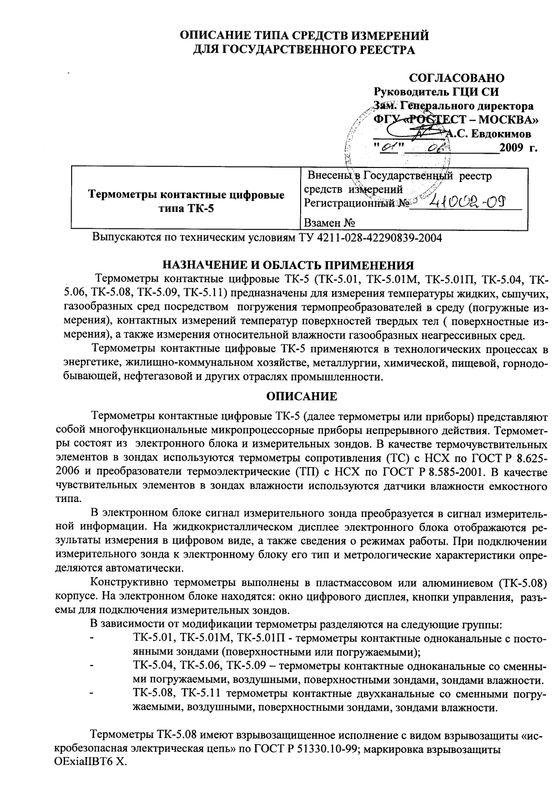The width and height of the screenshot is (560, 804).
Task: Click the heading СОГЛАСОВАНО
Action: point(456,78)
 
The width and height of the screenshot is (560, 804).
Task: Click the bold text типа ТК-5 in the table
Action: point(186,208)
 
